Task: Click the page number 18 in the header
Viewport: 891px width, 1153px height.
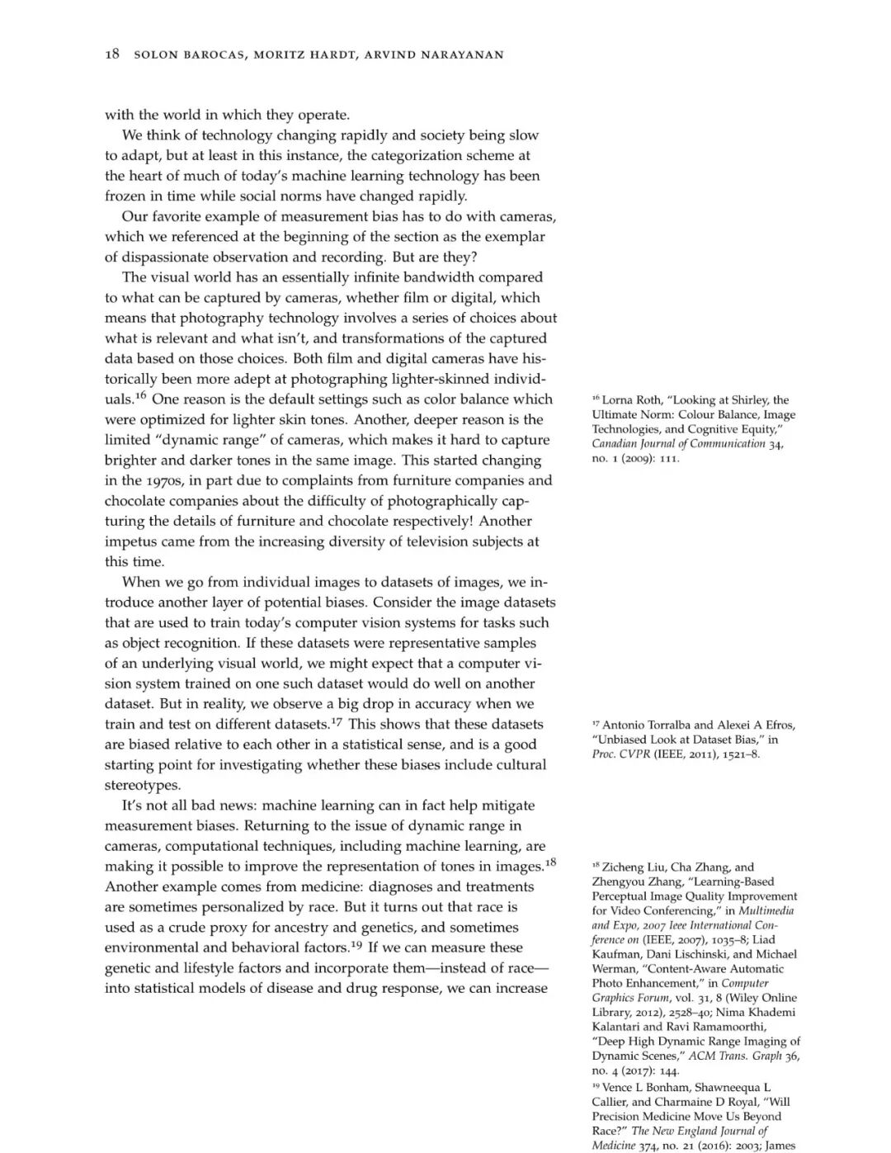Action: pos(112,54)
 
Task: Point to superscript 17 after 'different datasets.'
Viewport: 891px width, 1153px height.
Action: pos(337,721)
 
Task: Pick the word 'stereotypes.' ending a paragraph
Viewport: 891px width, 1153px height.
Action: pos(143,785)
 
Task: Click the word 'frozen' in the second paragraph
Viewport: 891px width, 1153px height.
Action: pos(125,196)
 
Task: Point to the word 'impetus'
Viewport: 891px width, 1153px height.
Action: pos(130,541)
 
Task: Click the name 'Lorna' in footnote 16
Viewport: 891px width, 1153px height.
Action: pos(619,400)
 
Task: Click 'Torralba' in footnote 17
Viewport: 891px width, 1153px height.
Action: pos(659,725)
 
